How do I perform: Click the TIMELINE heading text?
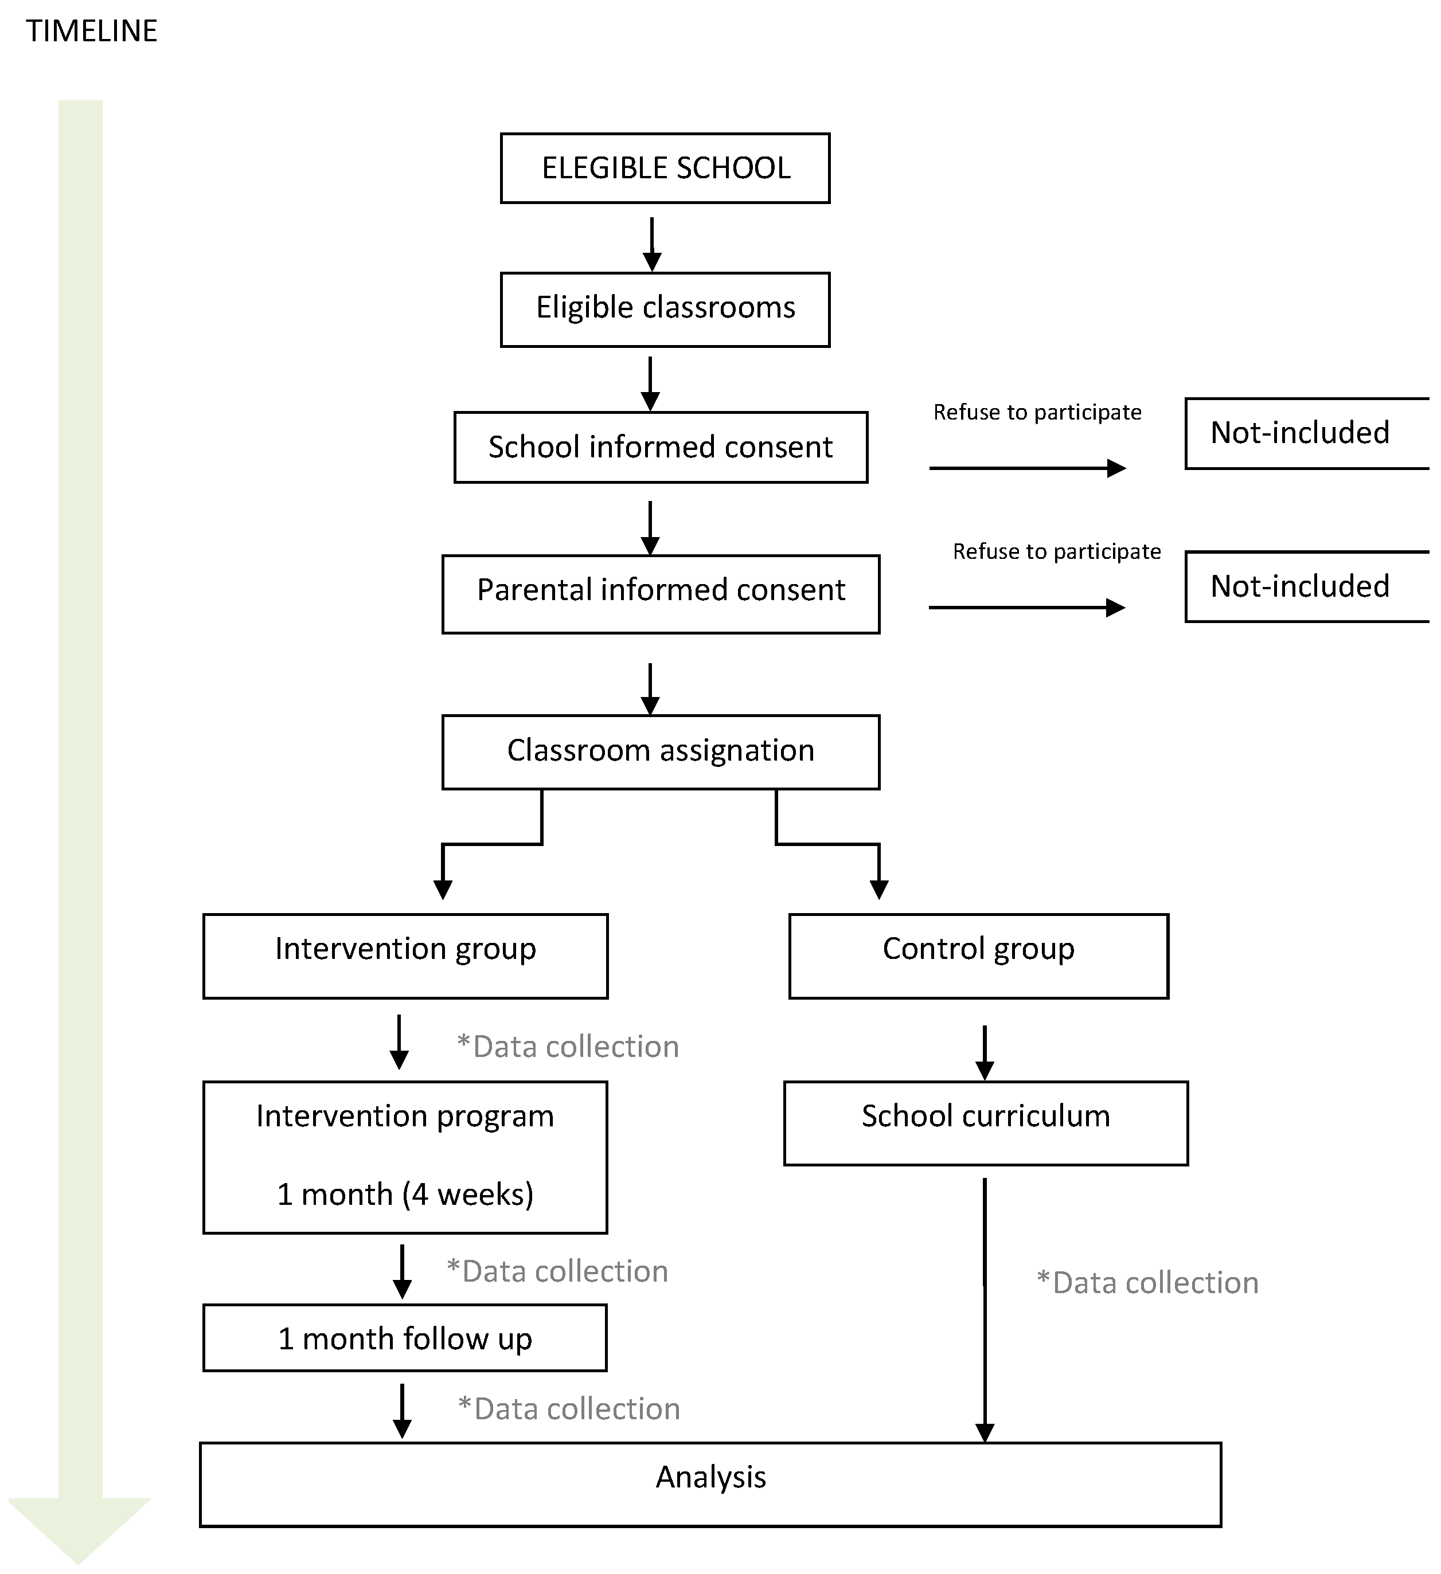tap(91, 31)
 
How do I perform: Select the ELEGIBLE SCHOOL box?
tap(665, 168)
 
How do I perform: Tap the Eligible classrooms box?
tap(665, 308)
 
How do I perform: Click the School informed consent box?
tap(660, 447)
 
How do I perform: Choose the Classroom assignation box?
tap(660, 751)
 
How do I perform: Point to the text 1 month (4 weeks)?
tap(405, 1194)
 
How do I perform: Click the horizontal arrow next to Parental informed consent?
tap(1026, 608)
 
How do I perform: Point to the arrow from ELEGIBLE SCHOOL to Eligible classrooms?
tap(651, 244)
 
